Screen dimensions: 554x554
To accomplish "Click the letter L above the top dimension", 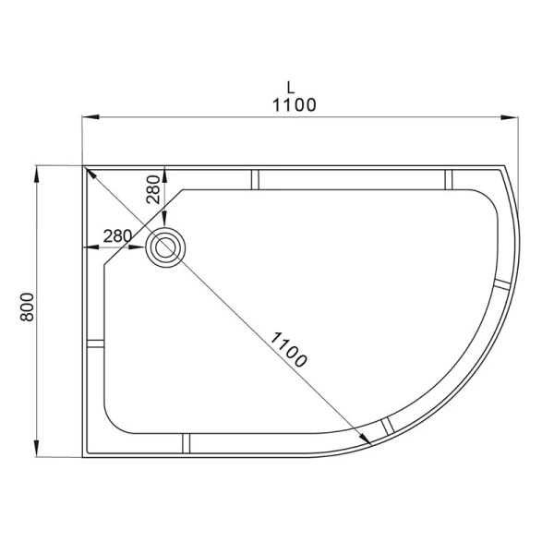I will click(290, 87).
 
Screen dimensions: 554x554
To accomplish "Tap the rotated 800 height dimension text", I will click(28, 307).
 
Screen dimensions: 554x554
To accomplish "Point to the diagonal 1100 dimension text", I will click(287, 348).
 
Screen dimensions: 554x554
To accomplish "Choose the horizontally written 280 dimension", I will click(117, 235).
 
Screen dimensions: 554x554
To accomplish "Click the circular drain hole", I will click(166, 247).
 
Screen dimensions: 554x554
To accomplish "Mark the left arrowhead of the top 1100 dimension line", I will click(89, 117).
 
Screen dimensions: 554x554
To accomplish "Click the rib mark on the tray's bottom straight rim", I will click(186, 444).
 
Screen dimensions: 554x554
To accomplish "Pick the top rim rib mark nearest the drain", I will click(255, 178).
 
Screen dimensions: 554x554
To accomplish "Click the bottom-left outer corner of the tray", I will click(84, 457).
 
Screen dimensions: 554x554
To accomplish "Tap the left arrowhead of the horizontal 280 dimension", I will click(89, 247).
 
